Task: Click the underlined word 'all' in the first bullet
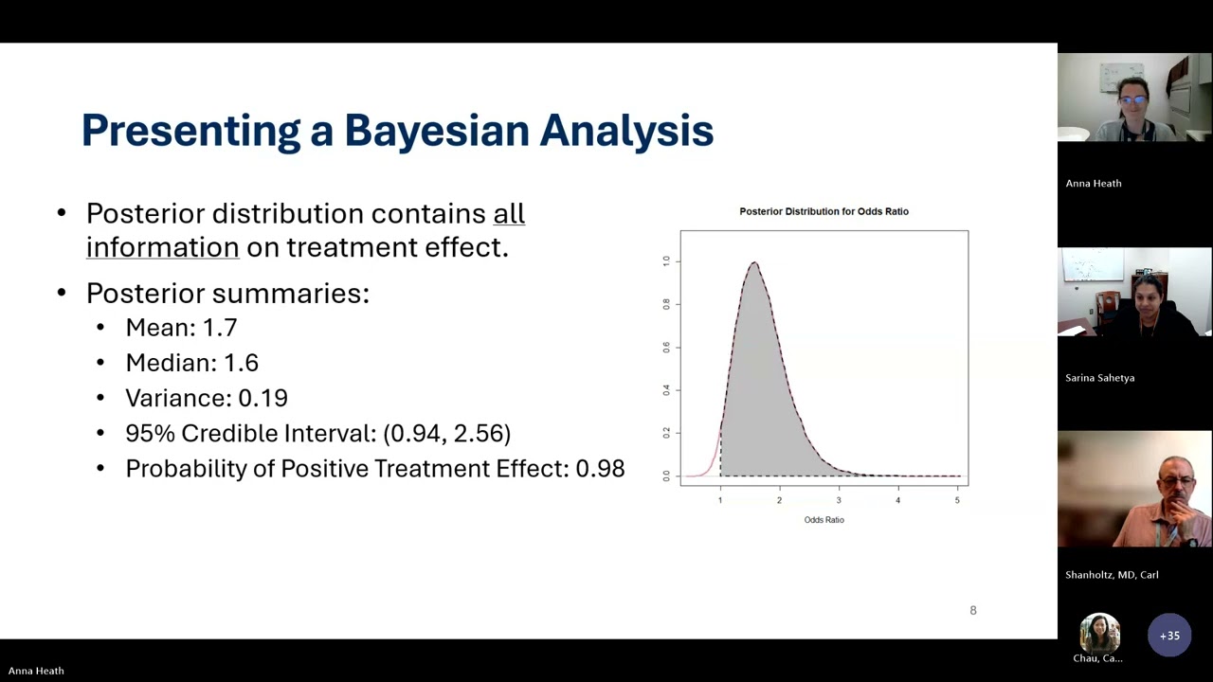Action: point(509,214)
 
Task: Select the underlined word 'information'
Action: point(162,247)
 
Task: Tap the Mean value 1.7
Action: point(220,328)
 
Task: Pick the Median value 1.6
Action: point(241,363)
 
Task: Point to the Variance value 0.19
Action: point(263,398)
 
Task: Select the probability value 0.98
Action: point(600,469)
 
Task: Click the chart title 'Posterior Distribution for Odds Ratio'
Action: point(824,211)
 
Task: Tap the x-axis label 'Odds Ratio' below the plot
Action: point(824,520)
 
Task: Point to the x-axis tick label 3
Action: point(839,500)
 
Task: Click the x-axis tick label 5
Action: point(957,500)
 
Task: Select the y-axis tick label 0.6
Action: point(666,347)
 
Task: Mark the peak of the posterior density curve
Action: point(754,263)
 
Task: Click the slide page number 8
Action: point(972,611)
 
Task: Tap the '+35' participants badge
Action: point(1169,636)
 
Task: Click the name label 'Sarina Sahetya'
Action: point(1099,378)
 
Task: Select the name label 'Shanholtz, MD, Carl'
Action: point(1112,575)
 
